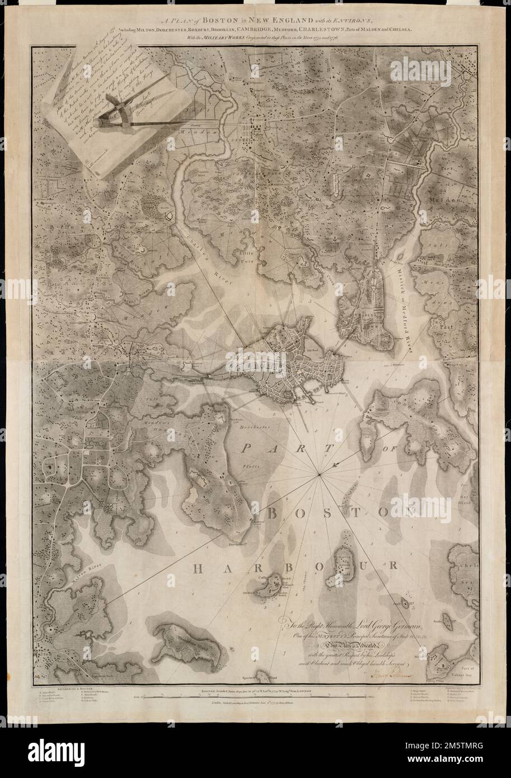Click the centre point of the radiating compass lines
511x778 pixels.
[x=319, y=475]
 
